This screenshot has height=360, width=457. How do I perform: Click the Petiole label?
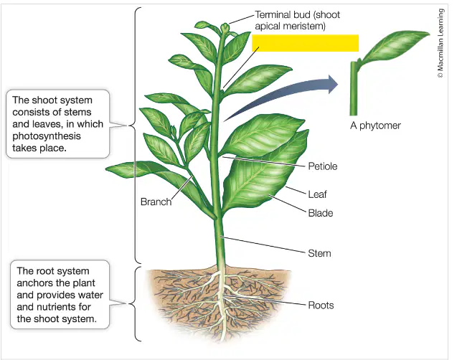(323, 166)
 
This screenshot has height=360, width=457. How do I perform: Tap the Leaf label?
(317, 194)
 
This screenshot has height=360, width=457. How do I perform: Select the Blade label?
(321, 213)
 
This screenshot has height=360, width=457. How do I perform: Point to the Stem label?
(319, 253)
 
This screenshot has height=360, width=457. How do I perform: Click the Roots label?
(321, 305)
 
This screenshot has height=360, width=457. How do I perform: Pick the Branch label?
(156, 202)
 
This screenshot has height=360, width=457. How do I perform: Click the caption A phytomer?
(375, 125)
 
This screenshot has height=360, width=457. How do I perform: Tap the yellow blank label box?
(305, 43)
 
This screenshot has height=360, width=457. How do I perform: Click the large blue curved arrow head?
(333, 85)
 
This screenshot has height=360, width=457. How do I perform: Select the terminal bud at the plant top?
(225, 28)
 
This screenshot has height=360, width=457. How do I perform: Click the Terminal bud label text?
(297, 20)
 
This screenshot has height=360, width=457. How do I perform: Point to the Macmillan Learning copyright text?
(440, 43)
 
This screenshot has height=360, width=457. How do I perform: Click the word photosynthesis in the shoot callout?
(47, 136)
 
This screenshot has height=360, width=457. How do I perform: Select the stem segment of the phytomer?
(354, 88)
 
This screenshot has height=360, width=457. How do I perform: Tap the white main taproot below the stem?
(222, 303)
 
